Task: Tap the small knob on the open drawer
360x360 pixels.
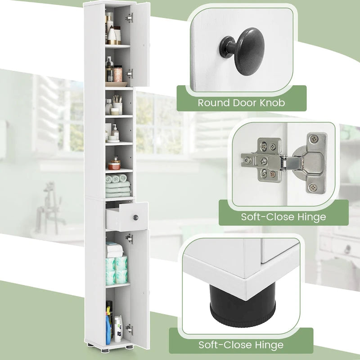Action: point(134,218)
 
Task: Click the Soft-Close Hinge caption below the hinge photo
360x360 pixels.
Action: point(283,216)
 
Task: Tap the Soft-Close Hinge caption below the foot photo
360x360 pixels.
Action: point(241,345)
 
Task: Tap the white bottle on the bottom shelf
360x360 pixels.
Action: point(118,329)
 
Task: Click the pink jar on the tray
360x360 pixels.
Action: point(118,73)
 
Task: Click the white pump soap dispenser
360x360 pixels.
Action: point(116,132)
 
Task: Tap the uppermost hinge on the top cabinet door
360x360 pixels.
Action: point(129,18)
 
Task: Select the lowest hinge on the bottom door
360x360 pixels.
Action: point(129,328)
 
